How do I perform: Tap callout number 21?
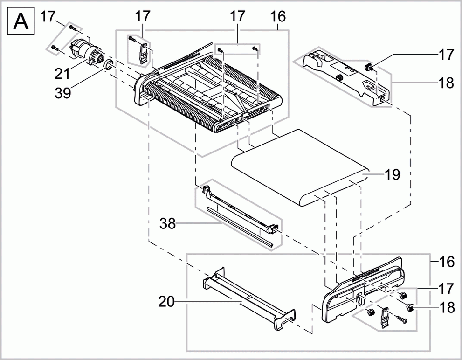[62, 73]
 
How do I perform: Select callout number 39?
[62, 93]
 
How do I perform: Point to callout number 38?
[168, 224]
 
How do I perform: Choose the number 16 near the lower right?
[446, 262]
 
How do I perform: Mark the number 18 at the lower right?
[446, 306]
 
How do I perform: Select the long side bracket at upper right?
[345, 75]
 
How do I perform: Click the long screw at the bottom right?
[400, 320]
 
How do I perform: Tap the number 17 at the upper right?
[446, 55]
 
